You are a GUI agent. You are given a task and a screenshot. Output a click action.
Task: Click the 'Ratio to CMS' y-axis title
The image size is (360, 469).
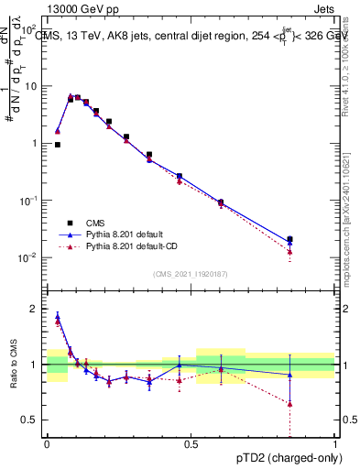click(12, 365)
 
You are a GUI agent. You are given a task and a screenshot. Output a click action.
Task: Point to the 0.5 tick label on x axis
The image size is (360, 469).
click(191, 444)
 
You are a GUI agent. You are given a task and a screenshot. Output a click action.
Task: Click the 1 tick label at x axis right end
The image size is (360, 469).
click(335, 444)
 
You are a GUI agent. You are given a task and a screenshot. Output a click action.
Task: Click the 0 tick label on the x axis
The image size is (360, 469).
click(47, 444)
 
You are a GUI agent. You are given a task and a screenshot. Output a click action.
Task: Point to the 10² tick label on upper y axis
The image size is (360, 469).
click(34, 29)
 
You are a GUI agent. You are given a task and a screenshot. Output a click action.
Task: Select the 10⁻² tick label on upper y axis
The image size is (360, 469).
click(33, 257)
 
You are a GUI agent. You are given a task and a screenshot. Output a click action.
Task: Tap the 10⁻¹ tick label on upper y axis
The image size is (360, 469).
click(33, 201)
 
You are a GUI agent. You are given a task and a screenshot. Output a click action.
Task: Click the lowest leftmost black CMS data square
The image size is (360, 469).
click(58, 145)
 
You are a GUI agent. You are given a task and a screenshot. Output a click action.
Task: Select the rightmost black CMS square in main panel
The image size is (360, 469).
click(289, 239)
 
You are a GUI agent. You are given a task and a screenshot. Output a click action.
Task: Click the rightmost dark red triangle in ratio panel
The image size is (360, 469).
click(289, 403)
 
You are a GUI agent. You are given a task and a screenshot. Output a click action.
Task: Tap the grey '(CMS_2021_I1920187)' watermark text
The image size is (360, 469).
click(191, 274)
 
